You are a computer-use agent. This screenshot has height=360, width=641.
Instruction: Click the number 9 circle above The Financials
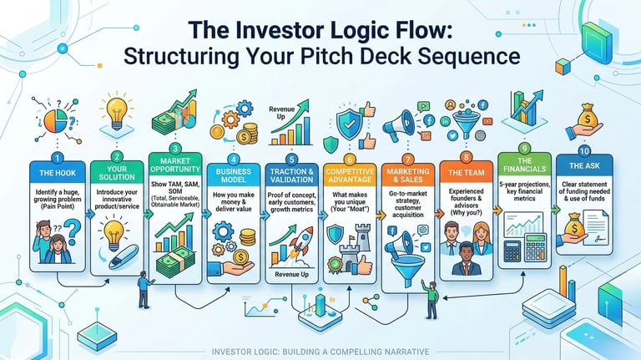(525, 147)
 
